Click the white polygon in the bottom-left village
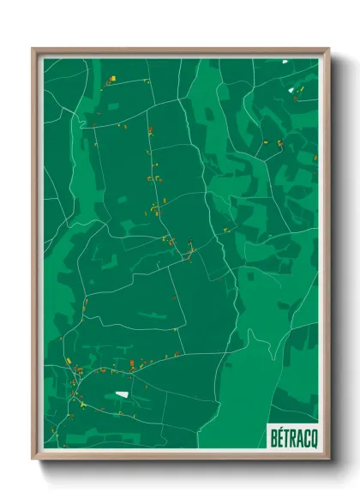121,393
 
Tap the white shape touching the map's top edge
285,61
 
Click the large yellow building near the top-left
112,78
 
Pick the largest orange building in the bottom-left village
80,370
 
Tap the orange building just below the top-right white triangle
295,98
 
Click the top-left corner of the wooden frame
32,48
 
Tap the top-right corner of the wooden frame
330,48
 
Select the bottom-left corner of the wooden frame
32,459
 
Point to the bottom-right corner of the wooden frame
330,459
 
